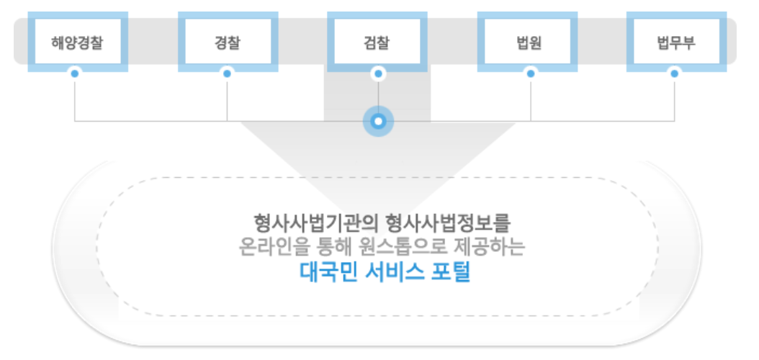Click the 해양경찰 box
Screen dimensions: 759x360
(78, 41)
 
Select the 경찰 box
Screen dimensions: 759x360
(228, 41)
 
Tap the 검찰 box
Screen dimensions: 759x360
(378, 41)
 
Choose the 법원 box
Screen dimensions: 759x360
(531, 41)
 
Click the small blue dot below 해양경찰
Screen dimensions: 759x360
(75, 73)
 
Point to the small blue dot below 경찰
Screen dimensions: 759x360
(228, 73)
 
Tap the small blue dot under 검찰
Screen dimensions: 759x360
(378, 73)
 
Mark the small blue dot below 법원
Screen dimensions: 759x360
(531, 73)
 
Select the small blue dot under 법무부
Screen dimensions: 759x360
(675, 73)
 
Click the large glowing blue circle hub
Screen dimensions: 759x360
(378, 120)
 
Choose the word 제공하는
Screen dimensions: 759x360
(496, 247)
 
